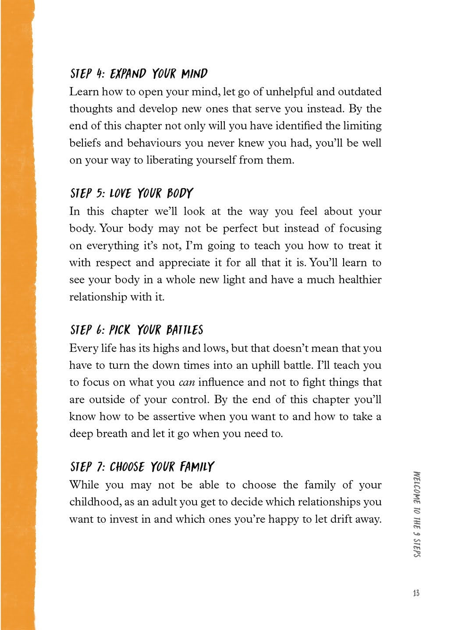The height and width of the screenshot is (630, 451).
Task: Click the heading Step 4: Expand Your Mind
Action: coord(138,73)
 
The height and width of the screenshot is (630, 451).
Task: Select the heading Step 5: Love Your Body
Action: coord(131,193)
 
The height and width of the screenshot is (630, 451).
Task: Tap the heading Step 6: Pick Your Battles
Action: coord(136,330)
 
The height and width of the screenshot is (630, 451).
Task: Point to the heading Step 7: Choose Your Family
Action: coord(142,467)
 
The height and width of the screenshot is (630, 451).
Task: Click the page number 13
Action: coord(416,593)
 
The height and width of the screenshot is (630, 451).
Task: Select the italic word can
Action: coord(187,382)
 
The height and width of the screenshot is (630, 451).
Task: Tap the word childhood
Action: coord(92,502)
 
